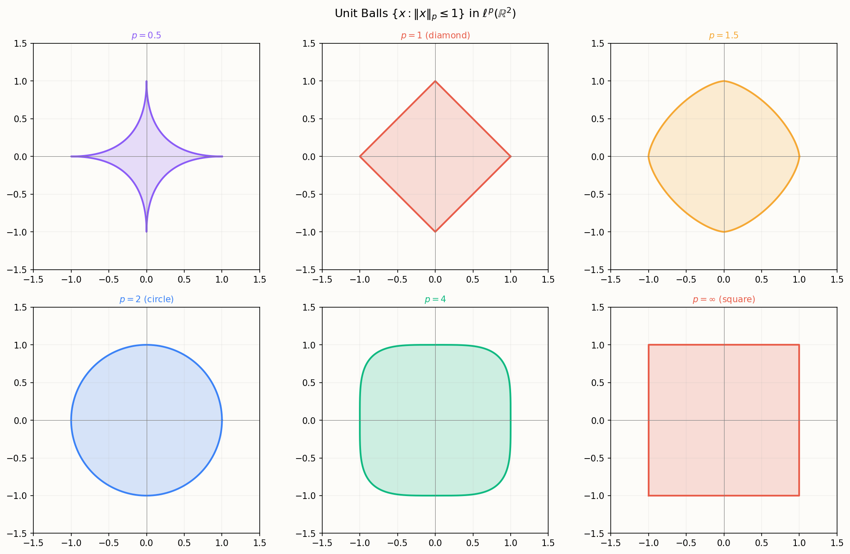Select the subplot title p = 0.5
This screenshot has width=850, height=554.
click(x=146, y=35)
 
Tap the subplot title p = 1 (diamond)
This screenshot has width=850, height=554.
click(x=435, y=35)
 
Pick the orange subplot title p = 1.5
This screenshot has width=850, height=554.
click(x=724, y=35)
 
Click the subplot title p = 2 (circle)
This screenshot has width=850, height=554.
click(x=146, y=299)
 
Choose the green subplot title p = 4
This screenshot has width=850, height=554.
click(x=435, y=299)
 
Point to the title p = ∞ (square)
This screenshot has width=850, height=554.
click(x=724, y=299)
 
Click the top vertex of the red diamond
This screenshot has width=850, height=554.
click(x=435, y=81)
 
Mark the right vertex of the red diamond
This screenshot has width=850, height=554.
click(x=511, y=156)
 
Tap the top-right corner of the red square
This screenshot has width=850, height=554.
click(x=799, y=345)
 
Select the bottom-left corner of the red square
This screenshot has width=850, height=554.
click(x=649, y=496)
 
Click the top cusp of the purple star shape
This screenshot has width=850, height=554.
click(x=146, y=81)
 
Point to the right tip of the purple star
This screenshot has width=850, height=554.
click(x=222, y=156)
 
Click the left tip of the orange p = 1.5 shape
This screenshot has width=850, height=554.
click(x=649, y=156)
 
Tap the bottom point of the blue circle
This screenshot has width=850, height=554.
click(x=146, y=496)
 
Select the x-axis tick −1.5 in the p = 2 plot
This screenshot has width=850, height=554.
click(x=33, y=543)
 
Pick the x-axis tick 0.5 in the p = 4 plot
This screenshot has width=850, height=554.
click(x=473, y=543)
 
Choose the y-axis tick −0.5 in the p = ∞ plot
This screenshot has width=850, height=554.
click(x=595, y=458)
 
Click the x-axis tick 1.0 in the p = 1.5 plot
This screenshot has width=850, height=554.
click(x=799, y=279)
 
